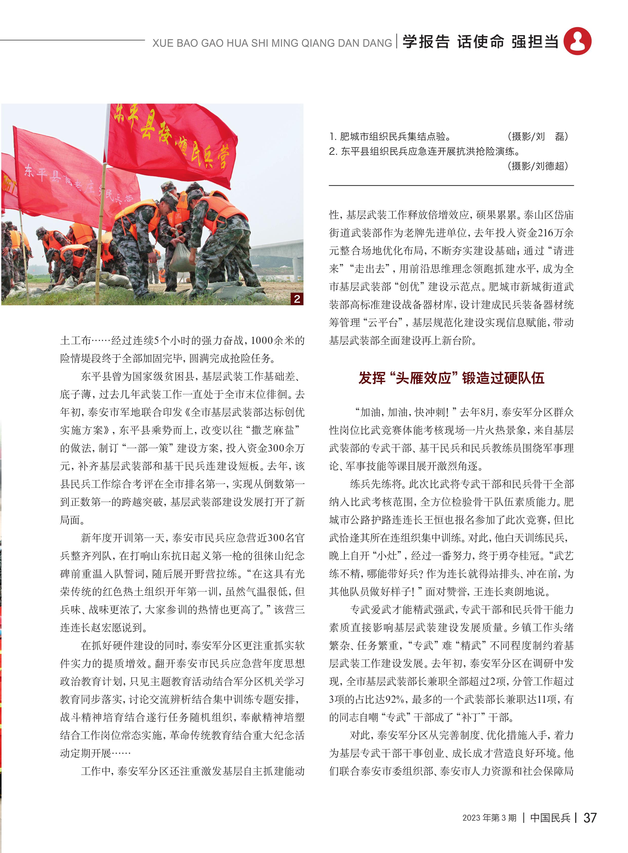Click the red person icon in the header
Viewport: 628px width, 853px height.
[x=577, y=41]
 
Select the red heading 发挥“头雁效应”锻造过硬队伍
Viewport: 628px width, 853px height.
[x=451, y=378]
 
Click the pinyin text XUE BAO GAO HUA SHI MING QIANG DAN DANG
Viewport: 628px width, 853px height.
[x=272, y=43]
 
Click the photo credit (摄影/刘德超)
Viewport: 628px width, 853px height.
[x=538, y=166]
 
